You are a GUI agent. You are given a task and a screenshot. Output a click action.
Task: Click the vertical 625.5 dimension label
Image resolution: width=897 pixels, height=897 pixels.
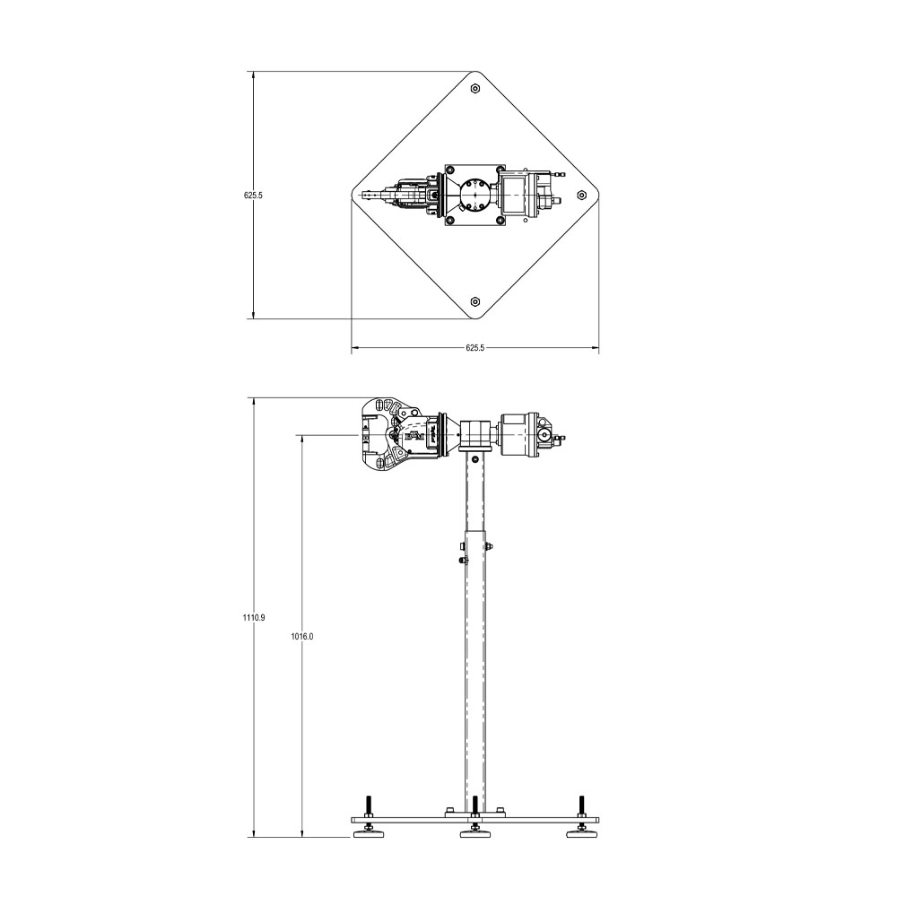click(x=253, y=194)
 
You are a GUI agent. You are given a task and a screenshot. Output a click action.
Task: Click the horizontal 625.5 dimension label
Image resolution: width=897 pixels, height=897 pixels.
click(x=475, y=348)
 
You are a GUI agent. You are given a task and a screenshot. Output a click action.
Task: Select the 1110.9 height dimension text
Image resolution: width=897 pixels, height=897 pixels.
click(x=253, y=618)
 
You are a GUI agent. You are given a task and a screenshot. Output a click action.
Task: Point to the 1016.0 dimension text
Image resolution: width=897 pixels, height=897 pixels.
click(x=302, y=636)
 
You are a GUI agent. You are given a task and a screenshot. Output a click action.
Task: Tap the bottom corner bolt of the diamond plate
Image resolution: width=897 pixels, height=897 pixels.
click(x=475, y=300)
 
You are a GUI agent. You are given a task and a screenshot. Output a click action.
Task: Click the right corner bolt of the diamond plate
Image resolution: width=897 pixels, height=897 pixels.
click(x=582, y=194)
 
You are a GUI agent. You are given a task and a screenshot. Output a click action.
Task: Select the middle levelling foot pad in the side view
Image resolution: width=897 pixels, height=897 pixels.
click(x=475, y=835)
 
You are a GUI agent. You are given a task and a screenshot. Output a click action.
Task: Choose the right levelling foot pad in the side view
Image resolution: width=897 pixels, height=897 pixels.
click(x=582, y=835)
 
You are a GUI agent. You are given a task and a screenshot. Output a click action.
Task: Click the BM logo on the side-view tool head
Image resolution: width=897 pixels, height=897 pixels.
click(x=414, y=436)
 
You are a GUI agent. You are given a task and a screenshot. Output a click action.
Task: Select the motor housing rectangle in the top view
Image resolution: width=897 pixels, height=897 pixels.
click(x=517, y=194)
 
